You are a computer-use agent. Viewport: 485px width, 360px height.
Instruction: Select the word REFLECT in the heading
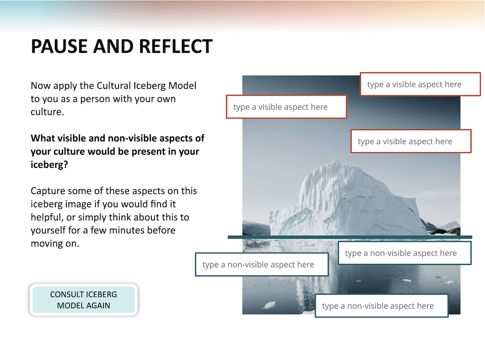click(x=176, y=47)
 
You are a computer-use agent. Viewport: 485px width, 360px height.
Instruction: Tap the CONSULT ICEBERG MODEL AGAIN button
click(x=83, y=300)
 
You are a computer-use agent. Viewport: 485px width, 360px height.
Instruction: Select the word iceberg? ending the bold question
click(x=49, y=164)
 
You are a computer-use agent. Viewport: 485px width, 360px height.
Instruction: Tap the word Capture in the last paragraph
click(x=48, y=191)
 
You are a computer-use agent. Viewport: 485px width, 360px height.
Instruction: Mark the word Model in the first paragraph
click(x=182, y=85)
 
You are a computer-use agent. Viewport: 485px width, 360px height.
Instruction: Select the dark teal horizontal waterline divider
click(x=350, y=237)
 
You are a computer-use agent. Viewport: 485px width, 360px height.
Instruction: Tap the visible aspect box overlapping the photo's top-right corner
click(x=420, y=84)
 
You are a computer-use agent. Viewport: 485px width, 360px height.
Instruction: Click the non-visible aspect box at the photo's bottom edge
click(x=382, y=306)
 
